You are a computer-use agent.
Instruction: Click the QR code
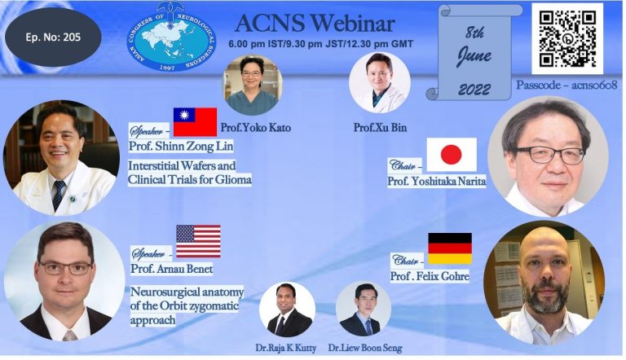(567, 39)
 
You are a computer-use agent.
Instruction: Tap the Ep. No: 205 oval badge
(53, 37)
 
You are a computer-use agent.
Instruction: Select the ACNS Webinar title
(315, 24)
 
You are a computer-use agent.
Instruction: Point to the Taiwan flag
(196, 121)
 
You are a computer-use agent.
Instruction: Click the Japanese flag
(452, 155)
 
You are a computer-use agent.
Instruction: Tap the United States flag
(198, 241)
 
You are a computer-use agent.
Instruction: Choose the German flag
(450, 248)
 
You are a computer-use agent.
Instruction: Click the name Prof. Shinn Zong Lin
(181, 146)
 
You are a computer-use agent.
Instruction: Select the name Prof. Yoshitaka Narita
(437, 182)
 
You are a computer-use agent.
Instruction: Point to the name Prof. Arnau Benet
(172, 269)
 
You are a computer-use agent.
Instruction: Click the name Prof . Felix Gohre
(430, 276)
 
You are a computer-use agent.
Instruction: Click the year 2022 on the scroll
(474, 90)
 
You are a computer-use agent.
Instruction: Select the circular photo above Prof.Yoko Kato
(253, 85)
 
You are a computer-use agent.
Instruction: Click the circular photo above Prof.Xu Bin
(379, 82)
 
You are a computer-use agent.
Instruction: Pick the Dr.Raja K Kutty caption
(286, 348)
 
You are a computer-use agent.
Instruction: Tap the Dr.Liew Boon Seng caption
(365, 348)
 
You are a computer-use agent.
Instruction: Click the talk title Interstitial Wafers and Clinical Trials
(190, 173)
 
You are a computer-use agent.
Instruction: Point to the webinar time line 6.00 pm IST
(320, 44)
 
